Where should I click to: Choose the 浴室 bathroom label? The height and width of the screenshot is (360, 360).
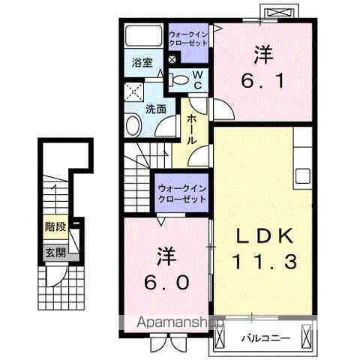tap(142, 63)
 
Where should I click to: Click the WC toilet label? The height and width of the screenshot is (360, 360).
tap(197, 79)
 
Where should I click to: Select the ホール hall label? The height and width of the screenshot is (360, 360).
tap(192, 129)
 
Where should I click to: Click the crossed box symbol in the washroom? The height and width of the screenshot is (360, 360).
tap(134, 94)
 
